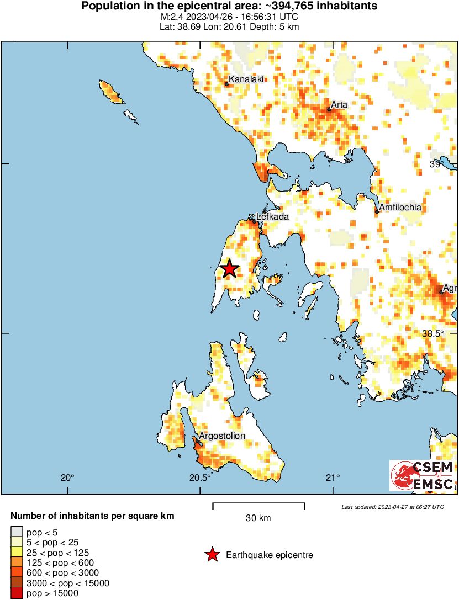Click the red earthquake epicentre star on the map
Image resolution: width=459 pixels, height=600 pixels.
tap(229, 269)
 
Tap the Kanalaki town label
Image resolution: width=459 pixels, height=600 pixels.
tap(245, 79)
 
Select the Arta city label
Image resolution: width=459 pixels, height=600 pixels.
tap(337, 104)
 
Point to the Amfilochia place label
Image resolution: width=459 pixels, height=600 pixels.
tap(400, 208)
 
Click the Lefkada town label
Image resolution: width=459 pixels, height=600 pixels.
tap(272, 217)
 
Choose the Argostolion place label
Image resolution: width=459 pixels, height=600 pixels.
tap(221, 436)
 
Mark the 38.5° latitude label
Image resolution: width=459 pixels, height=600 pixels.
tap(433, 334)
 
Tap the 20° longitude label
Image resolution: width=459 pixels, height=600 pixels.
tap(67, 478)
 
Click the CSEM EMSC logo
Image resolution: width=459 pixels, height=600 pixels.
tap(422, 476)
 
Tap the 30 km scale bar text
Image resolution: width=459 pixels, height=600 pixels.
tap(258, 518)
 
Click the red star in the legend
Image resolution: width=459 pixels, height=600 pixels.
tap(212, 555)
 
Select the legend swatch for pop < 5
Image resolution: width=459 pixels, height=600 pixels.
tap(16, 532)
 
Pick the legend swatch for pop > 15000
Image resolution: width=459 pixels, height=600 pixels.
tap(16, 593)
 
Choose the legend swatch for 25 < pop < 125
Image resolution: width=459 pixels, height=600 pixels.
tap(16, 553)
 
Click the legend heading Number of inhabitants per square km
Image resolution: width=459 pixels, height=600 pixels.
tap(93, 517)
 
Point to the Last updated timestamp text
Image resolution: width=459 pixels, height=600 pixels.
tap(392, 507)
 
